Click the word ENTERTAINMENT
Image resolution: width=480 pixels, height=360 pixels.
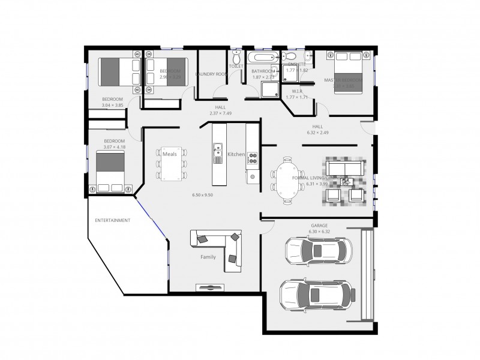point(112,220)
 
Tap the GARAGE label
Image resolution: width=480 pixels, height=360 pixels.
point(319,226)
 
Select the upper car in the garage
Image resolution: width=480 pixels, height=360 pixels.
point(317,251)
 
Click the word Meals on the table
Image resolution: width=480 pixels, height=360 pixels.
point(170,154)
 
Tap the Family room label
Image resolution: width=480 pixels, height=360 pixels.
point(208,257)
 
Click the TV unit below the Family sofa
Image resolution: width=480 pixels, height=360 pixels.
point(209,287)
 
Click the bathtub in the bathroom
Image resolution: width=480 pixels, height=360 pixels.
point(262,59)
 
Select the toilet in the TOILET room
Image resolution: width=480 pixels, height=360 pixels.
point(236,60)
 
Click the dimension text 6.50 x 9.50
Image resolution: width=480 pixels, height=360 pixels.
point(202,195)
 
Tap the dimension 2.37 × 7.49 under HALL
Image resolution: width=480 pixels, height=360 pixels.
point(220,113)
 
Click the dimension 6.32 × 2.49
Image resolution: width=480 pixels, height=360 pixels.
point(317,132)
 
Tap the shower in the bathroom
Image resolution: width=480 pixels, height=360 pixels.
point(269,90)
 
